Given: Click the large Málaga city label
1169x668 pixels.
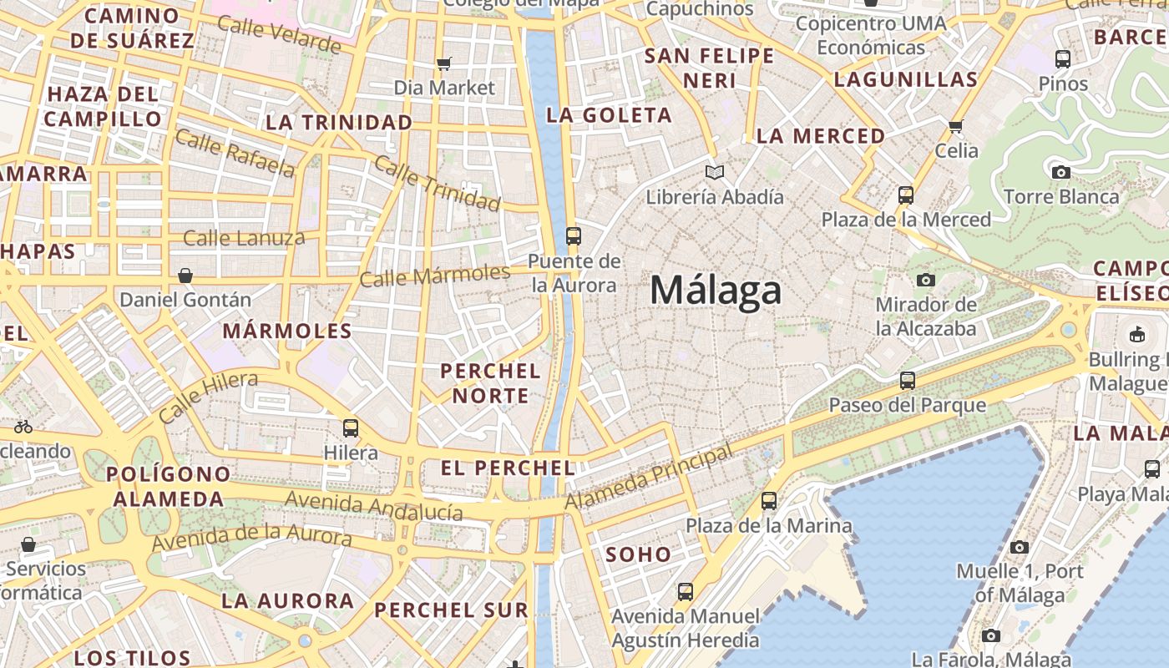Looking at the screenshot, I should pyautogui.click(x=716, y=291).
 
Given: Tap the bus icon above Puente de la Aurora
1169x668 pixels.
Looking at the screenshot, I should pyautogui.click(x=573, y=235).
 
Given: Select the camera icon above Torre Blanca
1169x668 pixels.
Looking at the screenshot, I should pyautogui.click(x=1060, y=173).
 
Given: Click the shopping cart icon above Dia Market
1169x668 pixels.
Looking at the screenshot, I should pyautogui.click(x=444, y=63).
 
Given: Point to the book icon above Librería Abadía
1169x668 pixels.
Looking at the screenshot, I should pyautogui.click(x=714, y=173).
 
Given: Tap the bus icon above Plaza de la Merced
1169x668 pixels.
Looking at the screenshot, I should pyautogui.click(x=906, y=195).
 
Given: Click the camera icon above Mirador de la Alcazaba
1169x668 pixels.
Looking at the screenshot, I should pyautogui.click(x=925, y=280).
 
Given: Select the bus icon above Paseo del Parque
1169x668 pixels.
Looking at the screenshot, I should pyautogui.click(x=908, y=381).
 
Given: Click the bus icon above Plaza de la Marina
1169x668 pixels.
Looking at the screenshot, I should pyautogui.click(x=769, y=501).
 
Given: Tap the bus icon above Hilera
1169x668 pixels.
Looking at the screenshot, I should pyautogui.click(x=351, y=428).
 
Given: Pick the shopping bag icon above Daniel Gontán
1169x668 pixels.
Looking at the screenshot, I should pyautogui.click(x=185, y=275).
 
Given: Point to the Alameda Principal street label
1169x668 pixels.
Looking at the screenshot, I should pyautogui.click(x=649, y=477).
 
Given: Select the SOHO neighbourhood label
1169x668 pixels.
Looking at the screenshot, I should pyautogui.click(x=638, y=554).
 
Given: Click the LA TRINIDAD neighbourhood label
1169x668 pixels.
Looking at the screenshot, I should pyautogui.click(x=339, y=123).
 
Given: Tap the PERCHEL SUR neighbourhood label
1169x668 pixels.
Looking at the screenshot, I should pyautogui.click(x=451, y=610).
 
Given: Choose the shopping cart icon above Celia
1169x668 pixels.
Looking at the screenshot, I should pyautogui.click(x=956, y=126).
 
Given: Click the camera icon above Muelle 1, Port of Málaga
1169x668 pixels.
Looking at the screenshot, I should pyautogui.click(x=1019, y=547).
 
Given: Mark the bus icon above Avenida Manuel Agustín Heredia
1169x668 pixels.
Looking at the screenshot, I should pyautogui.click(x=686, y=591).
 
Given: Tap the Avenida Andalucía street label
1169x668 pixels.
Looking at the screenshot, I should pyautogui.click(x=374, y=506).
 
